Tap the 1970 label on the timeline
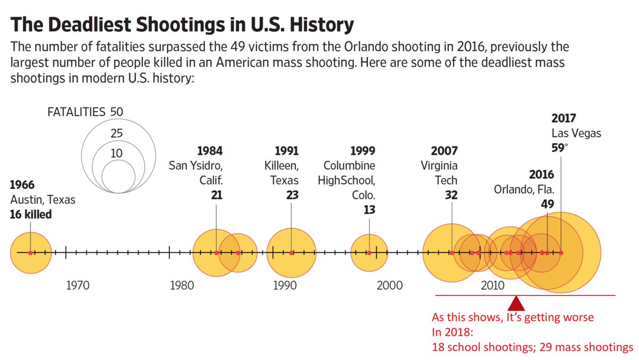point(78,285)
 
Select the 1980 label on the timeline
point(182,285)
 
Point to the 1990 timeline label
point(285,285)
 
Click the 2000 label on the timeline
point(389,285)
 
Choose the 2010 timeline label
point(493,285)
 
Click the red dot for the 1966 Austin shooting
point(30,252)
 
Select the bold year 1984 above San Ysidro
point(210,150)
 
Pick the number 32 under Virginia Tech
point(451,195)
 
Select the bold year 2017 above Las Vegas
point(563,118)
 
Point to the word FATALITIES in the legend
point(77,112)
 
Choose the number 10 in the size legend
point(116,153)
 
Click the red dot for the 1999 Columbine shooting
point(369,252)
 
